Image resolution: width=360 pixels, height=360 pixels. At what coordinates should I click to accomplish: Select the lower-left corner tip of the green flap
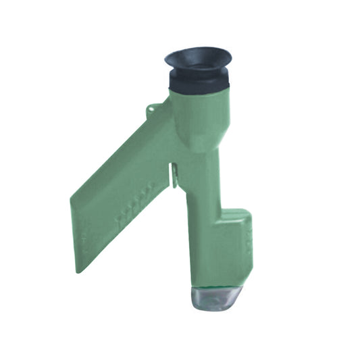(x=78, y=270)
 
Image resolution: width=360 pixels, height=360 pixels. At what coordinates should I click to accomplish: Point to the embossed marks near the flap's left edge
(x=82, y=236)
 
